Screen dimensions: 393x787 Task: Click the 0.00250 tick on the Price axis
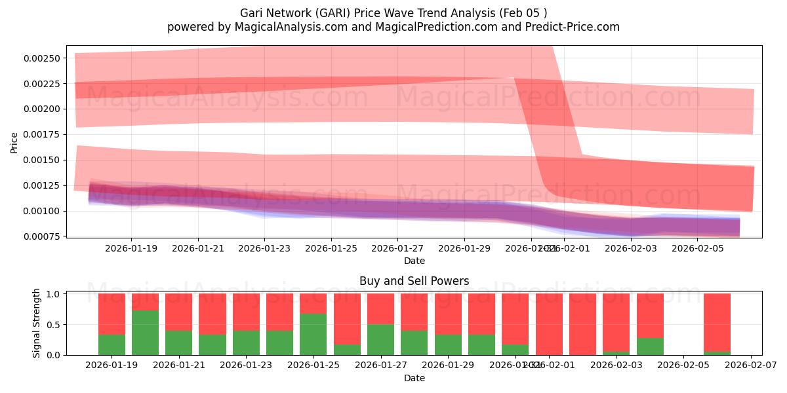(x=42, y=58)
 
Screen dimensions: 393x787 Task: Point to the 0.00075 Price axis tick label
(x=42, y=236)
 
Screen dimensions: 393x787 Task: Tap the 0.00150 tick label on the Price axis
(x=42, y=160)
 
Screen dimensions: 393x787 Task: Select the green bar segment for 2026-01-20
(x=145, y=332)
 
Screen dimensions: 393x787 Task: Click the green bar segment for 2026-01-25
(x=313, y=334)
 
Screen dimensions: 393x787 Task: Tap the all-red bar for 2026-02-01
(x=549, y=324)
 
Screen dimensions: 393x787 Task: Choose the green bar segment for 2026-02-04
(x=650, y=346)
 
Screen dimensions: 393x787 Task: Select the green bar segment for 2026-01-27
(x=380, y=339)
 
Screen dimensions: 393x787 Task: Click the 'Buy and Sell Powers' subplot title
(x=414, y=281)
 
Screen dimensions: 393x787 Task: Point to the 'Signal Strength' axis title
(x=37, y=323)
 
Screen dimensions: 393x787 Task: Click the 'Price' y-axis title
(x=14, y=141)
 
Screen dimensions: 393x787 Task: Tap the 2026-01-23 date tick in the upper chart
(x=264, y=249)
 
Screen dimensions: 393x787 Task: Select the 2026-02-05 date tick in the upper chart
(x=698, y=249)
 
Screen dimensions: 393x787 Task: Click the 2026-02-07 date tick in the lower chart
(x=750, y=366)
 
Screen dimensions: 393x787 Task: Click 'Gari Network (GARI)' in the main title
(x=294, y=12)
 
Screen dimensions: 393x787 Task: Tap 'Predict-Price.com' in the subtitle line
(x=573, y=27)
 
